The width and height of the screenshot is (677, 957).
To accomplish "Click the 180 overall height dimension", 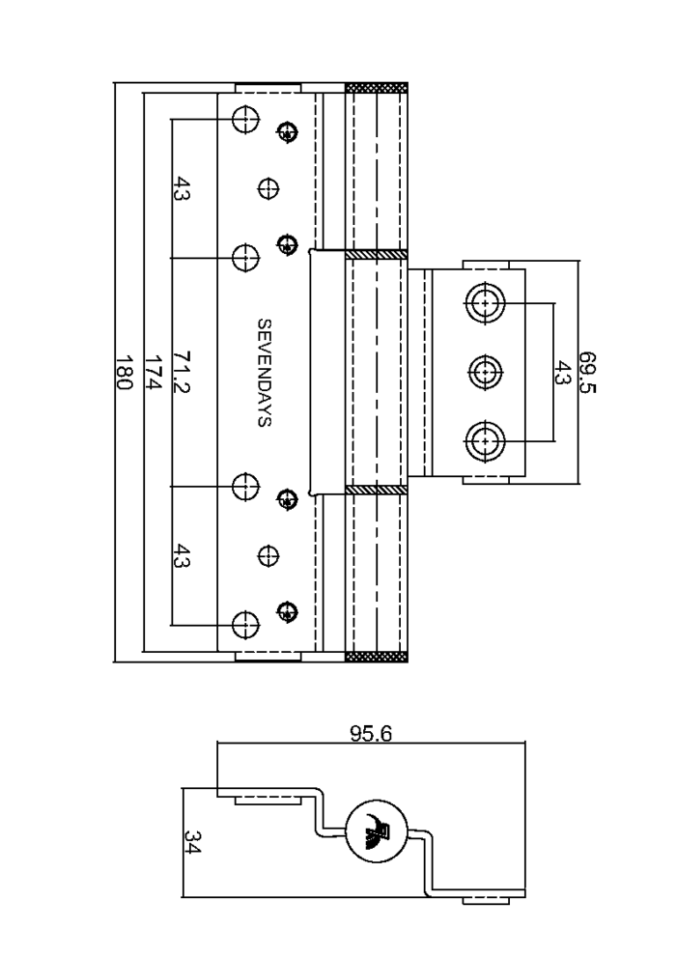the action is (124, 372).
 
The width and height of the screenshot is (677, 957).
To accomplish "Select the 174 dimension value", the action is (154, 372).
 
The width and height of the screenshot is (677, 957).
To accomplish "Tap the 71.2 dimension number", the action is (182, 372).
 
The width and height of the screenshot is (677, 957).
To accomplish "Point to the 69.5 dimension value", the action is (586, 372).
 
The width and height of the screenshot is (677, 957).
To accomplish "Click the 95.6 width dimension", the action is (371, 732).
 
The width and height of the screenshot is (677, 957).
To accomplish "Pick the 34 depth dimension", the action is (191, 842).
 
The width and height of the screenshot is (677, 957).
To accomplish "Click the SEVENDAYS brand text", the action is (264, 372).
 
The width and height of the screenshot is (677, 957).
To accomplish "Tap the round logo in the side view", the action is (376, 830).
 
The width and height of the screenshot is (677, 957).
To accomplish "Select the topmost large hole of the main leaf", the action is (245, 119).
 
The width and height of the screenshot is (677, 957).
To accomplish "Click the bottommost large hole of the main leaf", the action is (245, 625).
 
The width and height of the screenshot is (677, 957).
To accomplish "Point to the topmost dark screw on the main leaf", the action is (287, 130).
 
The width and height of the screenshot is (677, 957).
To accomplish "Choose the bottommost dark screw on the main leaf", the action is (287, 611).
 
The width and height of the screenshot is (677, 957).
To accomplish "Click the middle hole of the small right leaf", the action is (486, 371).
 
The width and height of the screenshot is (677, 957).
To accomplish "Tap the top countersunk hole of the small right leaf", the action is (486, 302).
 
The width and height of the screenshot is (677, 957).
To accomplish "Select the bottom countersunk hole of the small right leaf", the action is (486, 440).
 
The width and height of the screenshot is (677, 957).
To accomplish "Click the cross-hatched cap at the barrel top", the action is (376, 87).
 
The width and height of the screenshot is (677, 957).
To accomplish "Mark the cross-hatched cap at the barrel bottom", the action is (376, 657).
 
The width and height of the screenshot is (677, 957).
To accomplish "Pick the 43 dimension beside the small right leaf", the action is (561, 372).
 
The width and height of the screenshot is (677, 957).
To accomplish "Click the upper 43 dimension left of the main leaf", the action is (182, 188).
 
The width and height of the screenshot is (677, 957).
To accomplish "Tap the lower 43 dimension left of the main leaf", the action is (182, 556).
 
